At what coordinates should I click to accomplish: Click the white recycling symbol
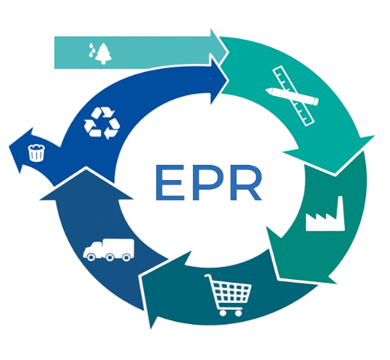(x=102, y=123)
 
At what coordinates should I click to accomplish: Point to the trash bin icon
(x=37, y=152)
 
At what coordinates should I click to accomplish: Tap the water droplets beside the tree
(x=92, y=50)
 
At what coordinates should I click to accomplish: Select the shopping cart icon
(x=228, y=295)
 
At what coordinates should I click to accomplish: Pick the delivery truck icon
(x=109, y=250)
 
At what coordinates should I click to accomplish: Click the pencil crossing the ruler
(x=292, y=96)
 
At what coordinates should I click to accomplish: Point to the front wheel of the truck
(x=91, y=257)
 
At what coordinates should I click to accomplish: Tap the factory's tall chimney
(x=340, y=212)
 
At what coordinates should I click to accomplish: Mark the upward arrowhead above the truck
(x=86, y=184)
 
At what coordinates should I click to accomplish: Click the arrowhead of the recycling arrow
(x=220, y=80)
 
